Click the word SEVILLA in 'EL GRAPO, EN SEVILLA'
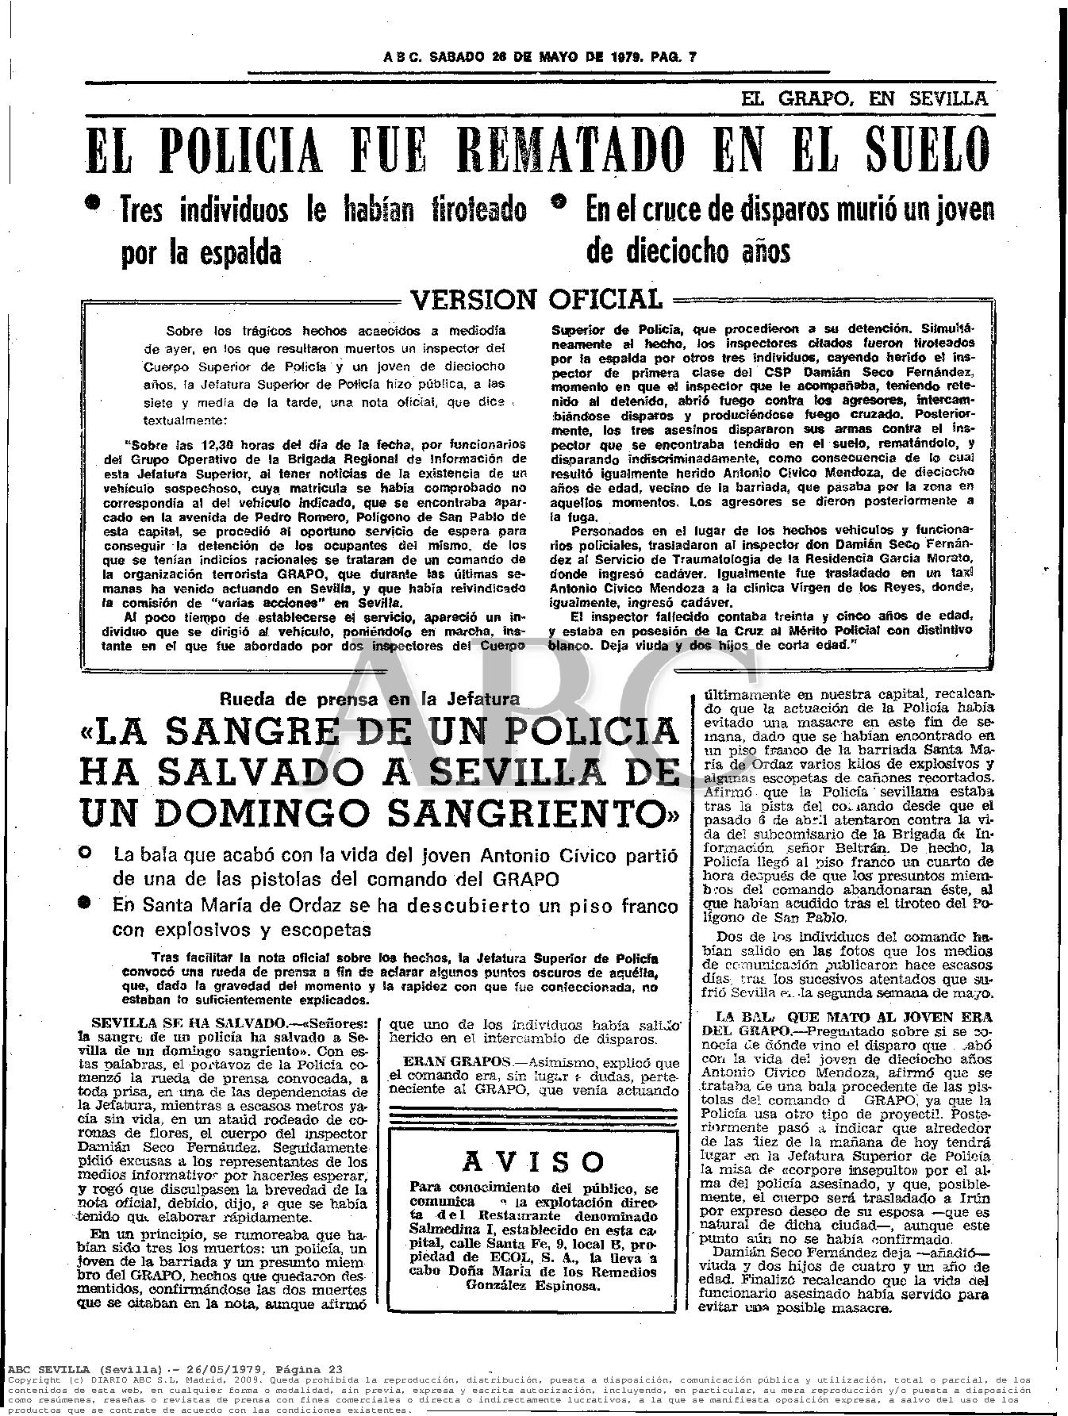[x=948, y=99]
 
